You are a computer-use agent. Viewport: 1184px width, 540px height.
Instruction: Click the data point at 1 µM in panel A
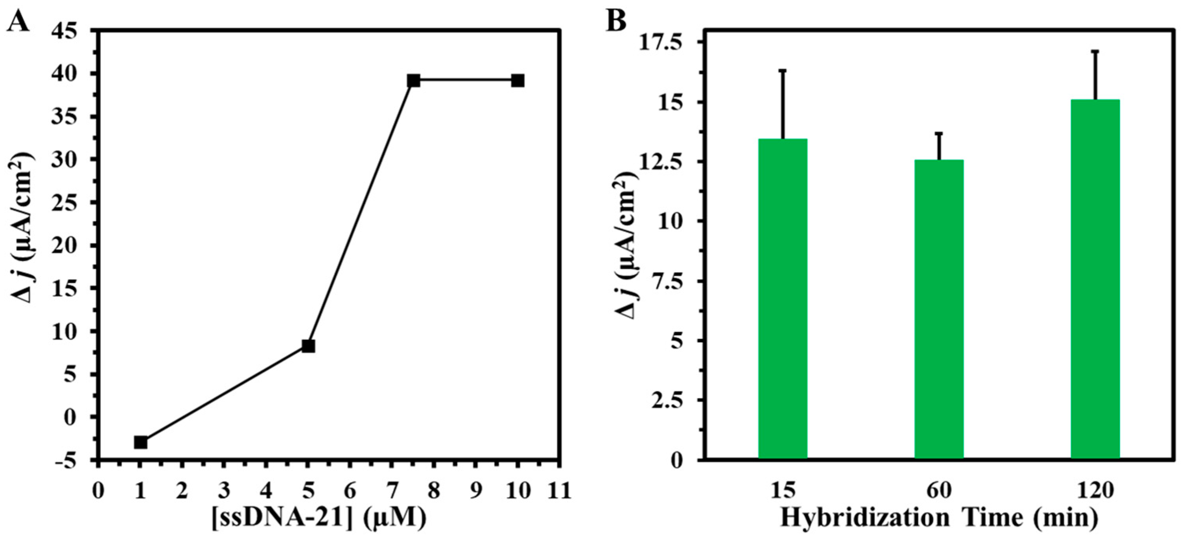(141, 442)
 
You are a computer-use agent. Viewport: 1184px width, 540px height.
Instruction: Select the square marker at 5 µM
(308, 346)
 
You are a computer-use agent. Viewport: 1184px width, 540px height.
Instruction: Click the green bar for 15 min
(783, 299)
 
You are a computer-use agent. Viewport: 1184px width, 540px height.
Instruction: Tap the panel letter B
(616, 21)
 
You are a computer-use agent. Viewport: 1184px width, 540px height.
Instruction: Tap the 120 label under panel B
(1095, 491)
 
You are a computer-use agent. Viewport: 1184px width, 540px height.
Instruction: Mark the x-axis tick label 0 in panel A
(98, 491)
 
